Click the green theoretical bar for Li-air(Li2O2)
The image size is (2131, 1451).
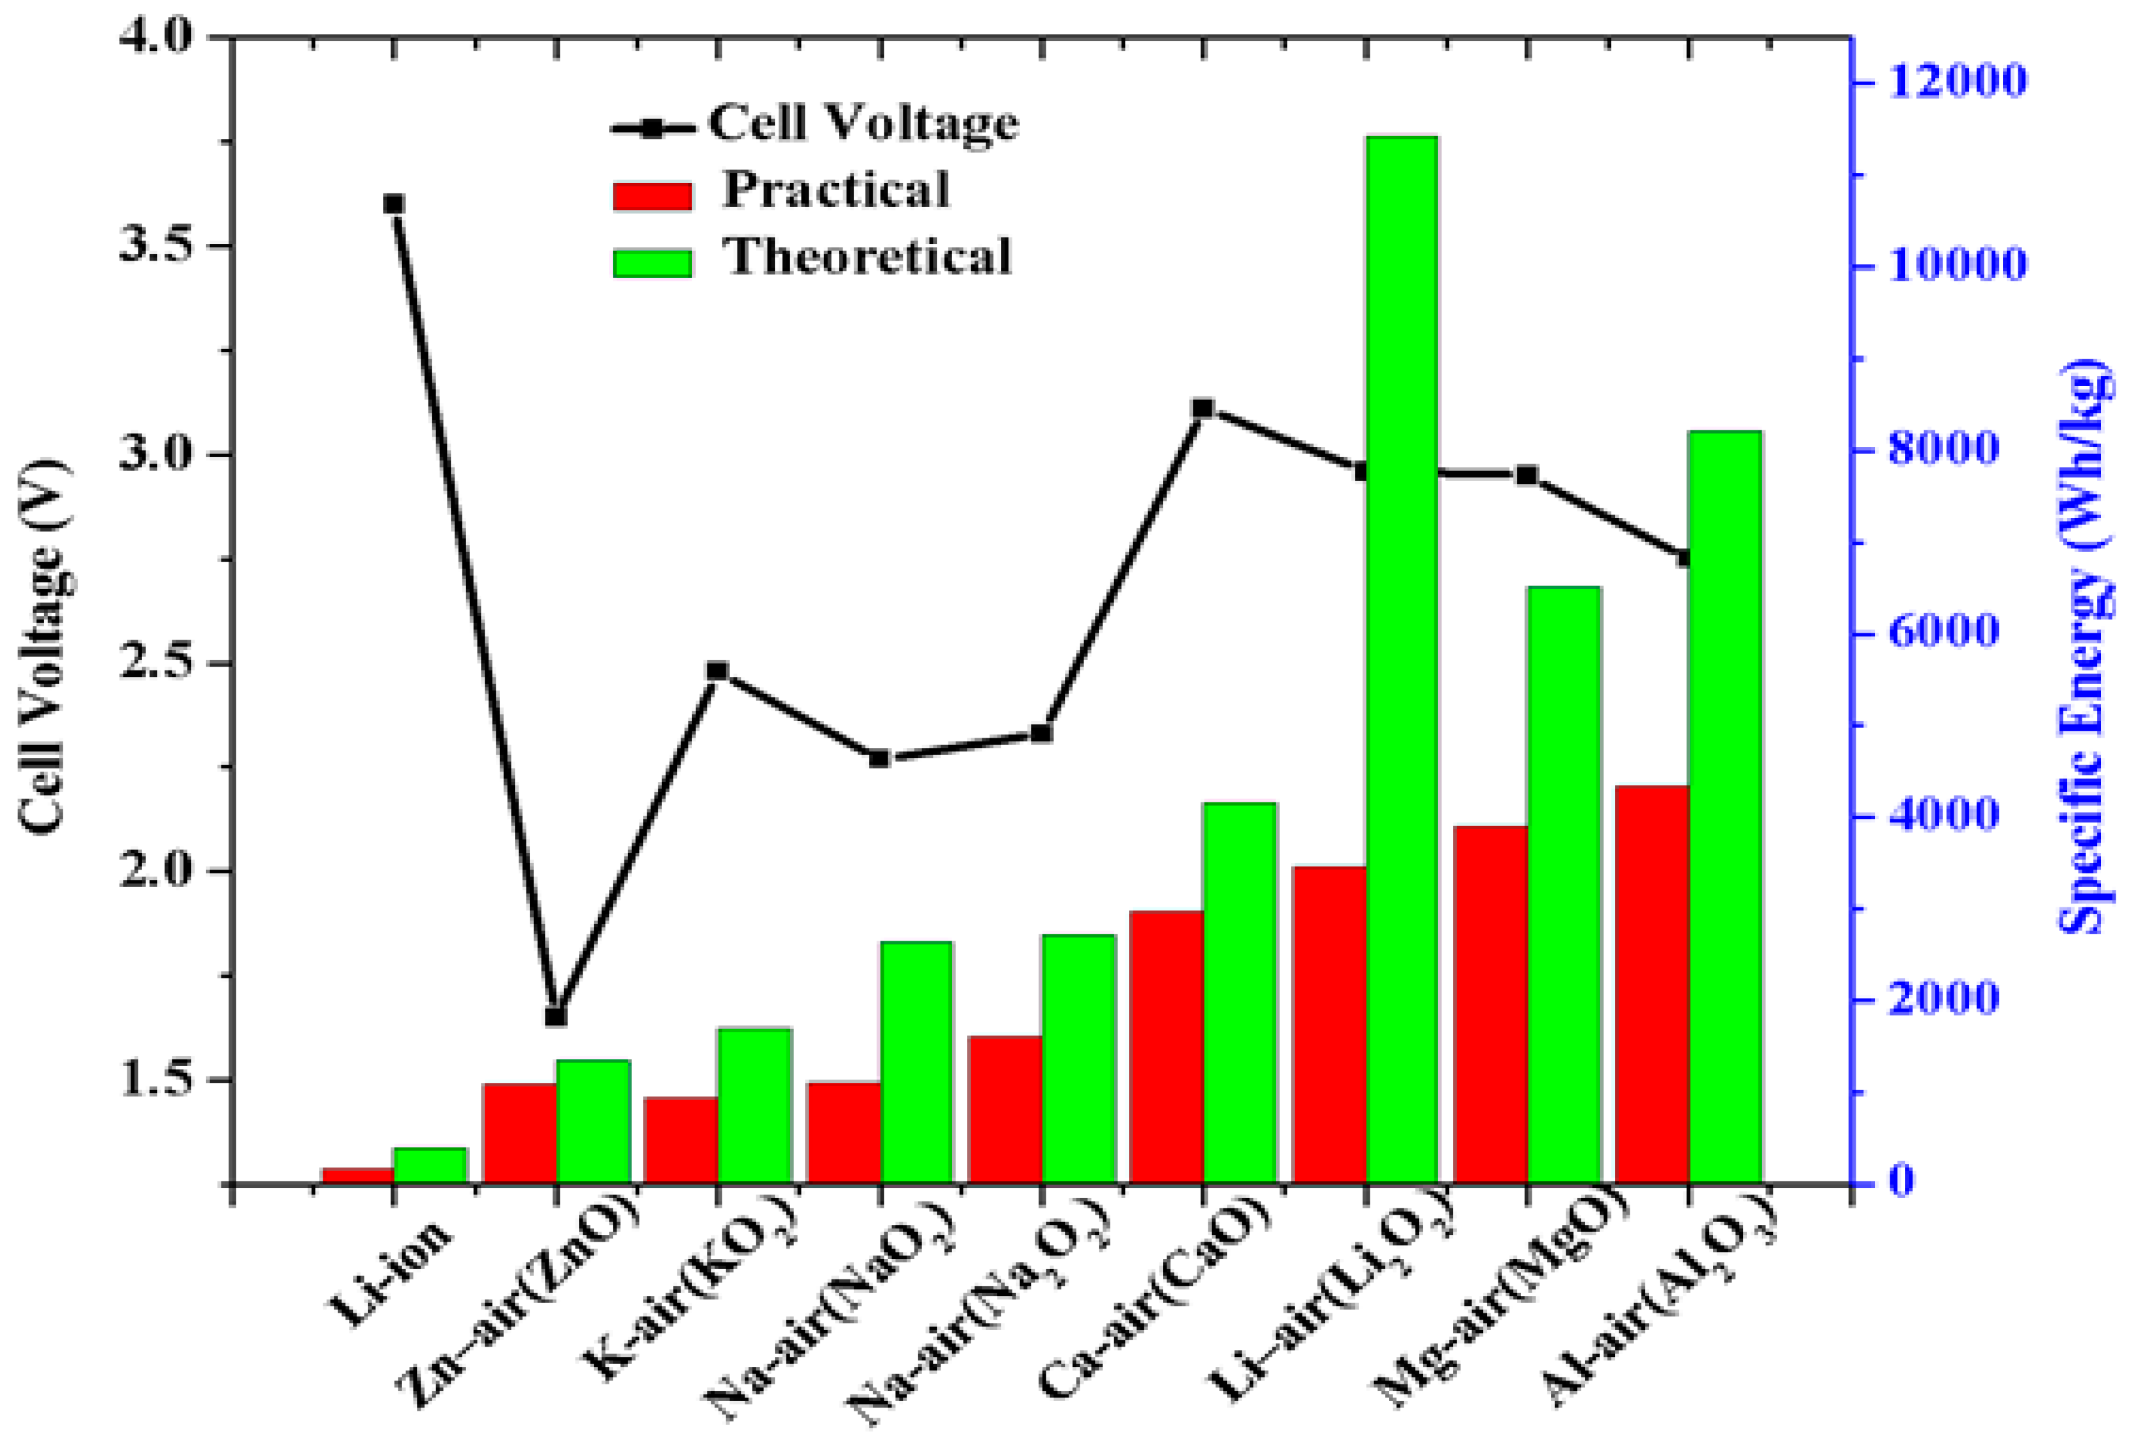click(1401, 660)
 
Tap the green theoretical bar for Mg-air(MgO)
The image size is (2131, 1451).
click(1564, 885)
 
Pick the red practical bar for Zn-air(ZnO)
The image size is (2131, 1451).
click(520, 1133)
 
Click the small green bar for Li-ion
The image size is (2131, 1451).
click(430, 1165)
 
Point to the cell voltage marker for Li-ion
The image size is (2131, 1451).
click(393, 204)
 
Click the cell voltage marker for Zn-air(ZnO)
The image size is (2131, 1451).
click(556, 1016)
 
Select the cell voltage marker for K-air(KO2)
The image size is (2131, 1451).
click(718, 671)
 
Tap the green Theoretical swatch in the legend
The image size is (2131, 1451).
click(652, 263)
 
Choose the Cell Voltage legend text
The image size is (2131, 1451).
click(862, 123)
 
